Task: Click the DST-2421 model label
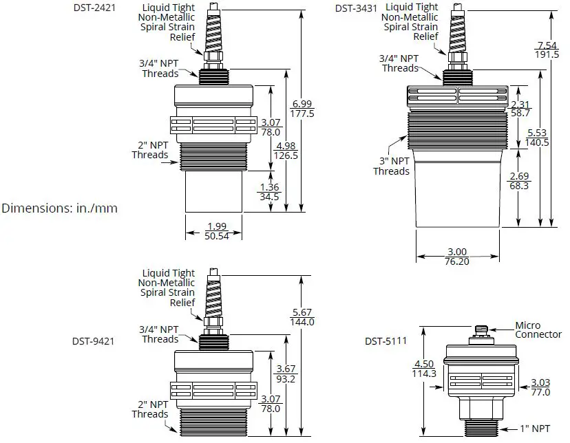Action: pos(95,9)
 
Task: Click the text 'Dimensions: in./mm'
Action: pos(59,207)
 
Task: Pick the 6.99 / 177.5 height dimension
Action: pos(302,109)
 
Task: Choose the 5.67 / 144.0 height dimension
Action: pos(302,316)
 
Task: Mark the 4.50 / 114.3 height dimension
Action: pos(423,369)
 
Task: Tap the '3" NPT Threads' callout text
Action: pos(392,166)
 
